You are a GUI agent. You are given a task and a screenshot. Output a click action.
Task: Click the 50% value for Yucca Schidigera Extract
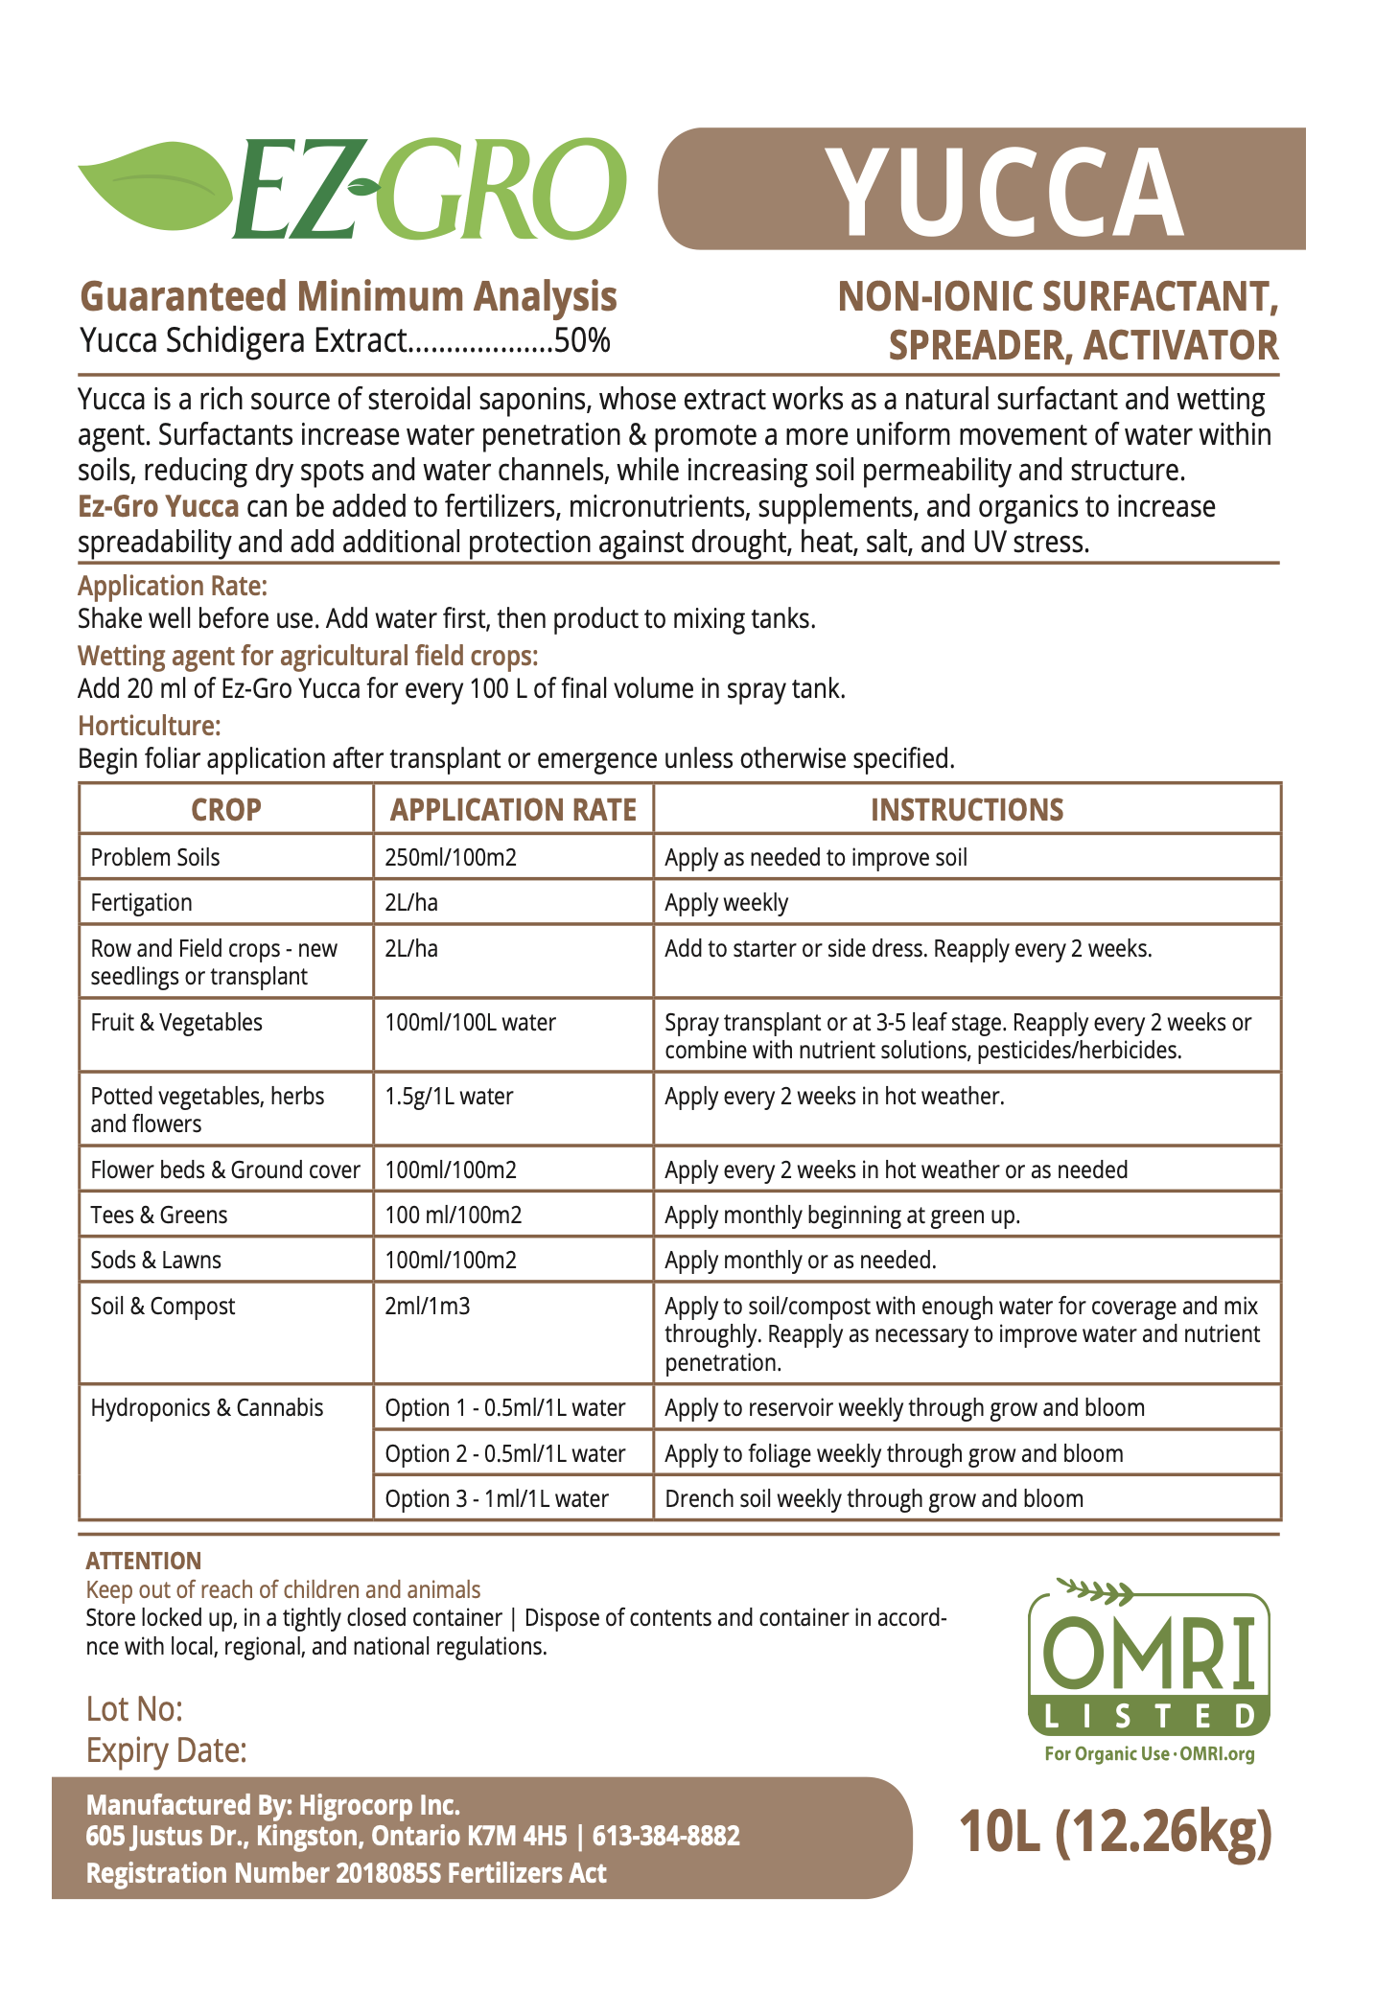click(x=582, y=341)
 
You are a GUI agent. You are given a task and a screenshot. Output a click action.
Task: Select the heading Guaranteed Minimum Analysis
click(x=348, y=296)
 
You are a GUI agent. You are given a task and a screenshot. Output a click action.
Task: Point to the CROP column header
click(x=225, y=810)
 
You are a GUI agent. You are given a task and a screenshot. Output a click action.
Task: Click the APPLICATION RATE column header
click(x=513, y=810)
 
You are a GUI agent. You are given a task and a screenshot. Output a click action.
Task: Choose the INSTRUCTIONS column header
click(x=967, y=810)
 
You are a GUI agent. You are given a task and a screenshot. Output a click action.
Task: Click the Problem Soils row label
click(x=155, y=857)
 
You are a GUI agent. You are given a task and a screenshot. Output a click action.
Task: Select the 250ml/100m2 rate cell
click(x=451, y=857)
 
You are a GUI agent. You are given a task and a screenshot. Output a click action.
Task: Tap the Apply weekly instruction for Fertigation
click(x=726, y=903)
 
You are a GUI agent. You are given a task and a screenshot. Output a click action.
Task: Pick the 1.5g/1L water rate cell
click(x=449, y=1096)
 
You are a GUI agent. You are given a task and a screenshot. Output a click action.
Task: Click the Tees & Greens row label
click(x=159, y=1216)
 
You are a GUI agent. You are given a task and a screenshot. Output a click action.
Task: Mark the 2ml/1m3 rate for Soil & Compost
click(x=428, y=1307)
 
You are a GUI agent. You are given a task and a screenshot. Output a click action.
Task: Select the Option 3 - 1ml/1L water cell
click(x=497, y=1499)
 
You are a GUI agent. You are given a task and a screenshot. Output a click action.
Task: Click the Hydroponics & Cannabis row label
click(x=207, y=1408)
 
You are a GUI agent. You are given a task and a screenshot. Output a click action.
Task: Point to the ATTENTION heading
click(x=144, y=1562)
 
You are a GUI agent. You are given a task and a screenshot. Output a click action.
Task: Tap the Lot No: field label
click(x=134, y=1709)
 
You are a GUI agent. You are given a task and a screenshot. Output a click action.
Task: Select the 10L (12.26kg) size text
click(x=1116, y=1832)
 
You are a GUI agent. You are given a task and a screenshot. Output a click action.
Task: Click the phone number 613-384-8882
click(x=666, y=1836)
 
